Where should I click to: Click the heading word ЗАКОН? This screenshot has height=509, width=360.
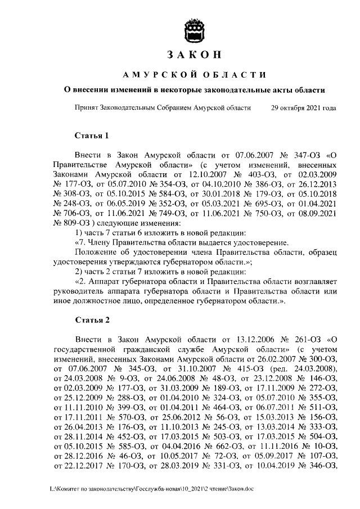[x=193, y=55]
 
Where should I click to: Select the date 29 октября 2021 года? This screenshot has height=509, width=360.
[x=304, y=108]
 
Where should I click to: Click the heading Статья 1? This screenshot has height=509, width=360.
[x=91, y=136]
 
